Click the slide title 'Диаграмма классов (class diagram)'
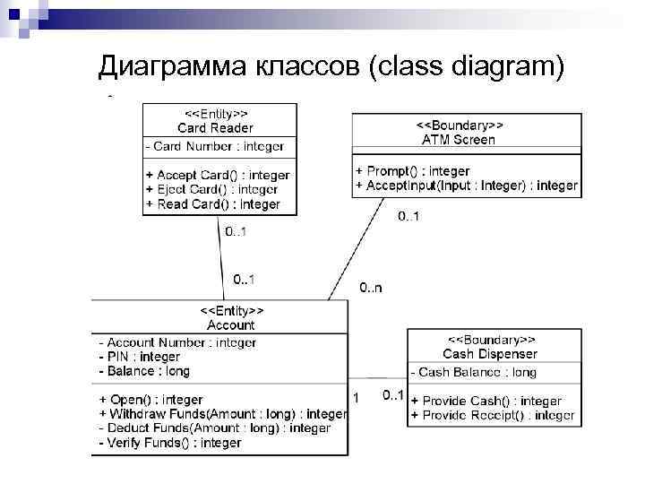[331, 65]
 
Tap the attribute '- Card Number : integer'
[215, 146]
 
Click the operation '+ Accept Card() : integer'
[218, 175]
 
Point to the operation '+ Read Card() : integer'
[213, 204]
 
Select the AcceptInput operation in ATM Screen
[466, 186]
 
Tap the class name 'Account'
[230, 324]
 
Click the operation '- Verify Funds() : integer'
[169, 443]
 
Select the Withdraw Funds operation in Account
[223, 414]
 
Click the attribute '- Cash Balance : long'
[473, 372]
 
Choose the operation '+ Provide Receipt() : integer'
[492, 415]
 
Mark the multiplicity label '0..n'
[370, 288]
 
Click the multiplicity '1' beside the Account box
[356, 397]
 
